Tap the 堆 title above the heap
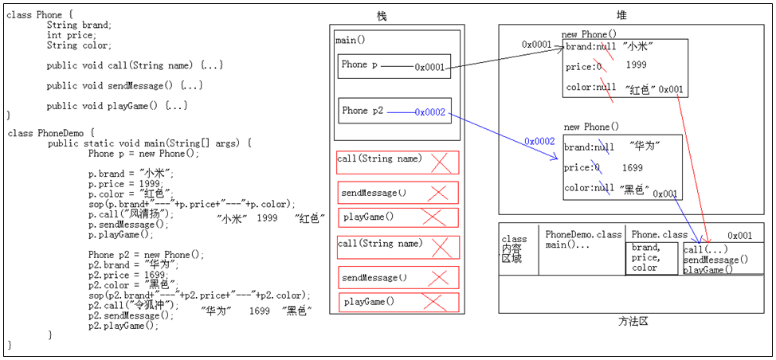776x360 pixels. click(x=621, y=15)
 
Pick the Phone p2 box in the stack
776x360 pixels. click(x=394, y=112)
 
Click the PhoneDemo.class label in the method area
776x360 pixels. click(x=583, y=235)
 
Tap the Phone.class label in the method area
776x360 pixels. click(x=659, y=235)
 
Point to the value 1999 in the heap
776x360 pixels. click(x=636, y=65)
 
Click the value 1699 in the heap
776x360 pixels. click(x=632, y=168)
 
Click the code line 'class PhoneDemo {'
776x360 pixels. click(x=50, y=133)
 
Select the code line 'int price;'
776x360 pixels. click(x=71, y=35)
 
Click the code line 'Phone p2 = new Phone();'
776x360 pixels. click(x=146, y=255)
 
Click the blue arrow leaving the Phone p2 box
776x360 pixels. click(x=502, y=136)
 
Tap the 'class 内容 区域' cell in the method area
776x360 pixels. click(x=515, y=248)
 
